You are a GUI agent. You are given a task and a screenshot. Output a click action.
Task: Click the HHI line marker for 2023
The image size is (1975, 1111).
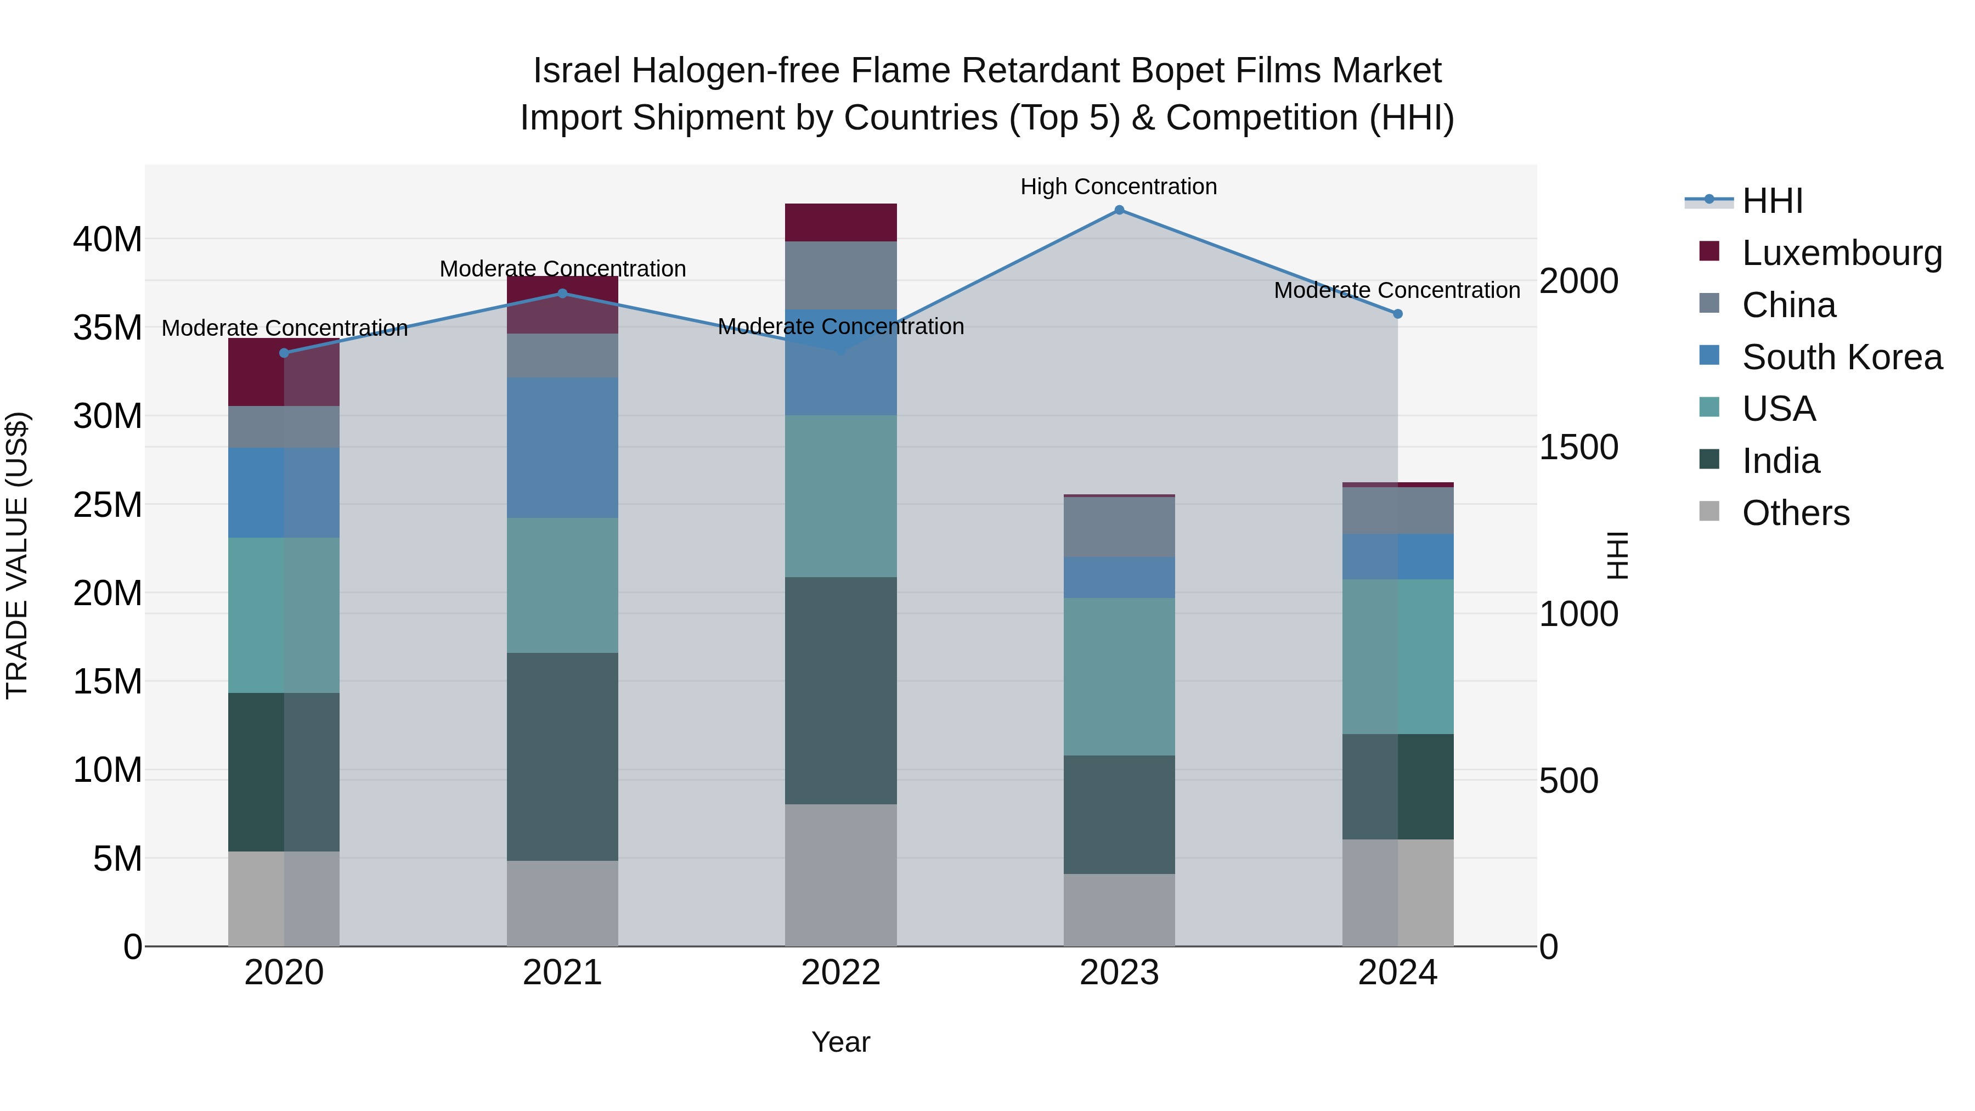(x=1119, y=210)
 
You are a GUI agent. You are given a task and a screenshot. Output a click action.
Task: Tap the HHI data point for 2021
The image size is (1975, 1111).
(x=562, y=294)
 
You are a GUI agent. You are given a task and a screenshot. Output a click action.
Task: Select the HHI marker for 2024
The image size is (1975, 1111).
(x=1397, y=314)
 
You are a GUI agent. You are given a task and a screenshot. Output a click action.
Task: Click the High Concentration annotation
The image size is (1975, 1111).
(x=1118, y=187)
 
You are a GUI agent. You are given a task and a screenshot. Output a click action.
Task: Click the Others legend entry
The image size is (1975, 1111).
(x=1795, y=513)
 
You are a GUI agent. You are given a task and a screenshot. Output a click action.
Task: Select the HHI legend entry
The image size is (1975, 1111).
(x=1772, y=201)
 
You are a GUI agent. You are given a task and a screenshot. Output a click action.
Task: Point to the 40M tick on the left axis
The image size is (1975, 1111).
(x=108, y=240)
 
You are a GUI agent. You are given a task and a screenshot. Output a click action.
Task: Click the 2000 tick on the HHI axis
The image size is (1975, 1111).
(x=1578, y=281)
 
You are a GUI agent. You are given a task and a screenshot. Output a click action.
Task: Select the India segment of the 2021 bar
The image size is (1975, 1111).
(x=562, y=756)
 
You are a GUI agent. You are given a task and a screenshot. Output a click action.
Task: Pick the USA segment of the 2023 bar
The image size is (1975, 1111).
(x=1119, y=676)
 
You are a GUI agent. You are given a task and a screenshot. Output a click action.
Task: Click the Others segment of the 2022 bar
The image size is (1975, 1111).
(x=840, y=875)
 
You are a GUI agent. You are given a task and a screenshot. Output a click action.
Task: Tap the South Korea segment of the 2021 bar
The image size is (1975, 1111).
(x=562, y=447)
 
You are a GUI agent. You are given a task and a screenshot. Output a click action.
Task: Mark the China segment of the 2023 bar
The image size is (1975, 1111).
(x=1119, y=527)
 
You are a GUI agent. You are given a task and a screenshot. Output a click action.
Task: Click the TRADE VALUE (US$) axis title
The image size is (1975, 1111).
(x=17, y=555)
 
